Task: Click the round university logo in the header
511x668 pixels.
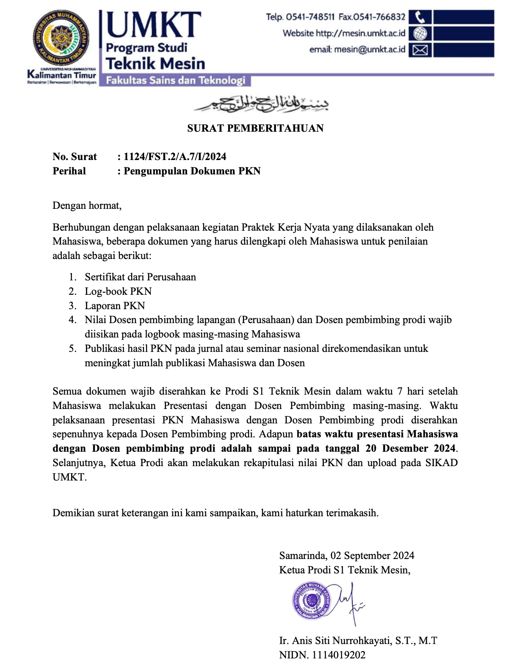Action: pos(61,40)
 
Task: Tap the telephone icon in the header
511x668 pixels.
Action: pos(420,17)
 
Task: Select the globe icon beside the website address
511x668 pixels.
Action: pos(420,34)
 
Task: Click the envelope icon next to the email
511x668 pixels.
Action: pos(420,50)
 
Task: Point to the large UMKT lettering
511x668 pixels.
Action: pos(153,25)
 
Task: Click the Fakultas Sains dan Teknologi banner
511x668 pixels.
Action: pos(175,81)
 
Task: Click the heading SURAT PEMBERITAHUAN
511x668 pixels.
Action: pos(255,128)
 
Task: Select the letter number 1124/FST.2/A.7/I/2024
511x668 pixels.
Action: pos(175,157)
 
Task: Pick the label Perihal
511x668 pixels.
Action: pos(69,171)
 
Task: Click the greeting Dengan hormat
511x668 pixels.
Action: pos(87,205)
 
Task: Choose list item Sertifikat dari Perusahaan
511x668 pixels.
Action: pos(140,277)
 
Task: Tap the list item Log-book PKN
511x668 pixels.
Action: pos(118,291)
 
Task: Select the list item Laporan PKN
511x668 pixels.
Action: pos(115,306)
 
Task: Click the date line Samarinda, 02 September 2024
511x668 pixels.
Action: pos(347,556)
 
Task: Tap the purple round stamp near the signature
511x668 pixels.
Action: pos(312,600)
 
